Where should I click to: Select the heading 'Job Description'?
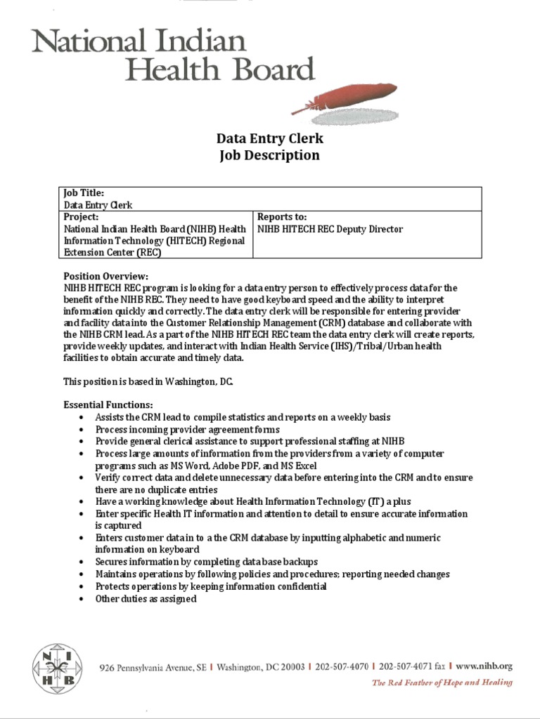(269, 155)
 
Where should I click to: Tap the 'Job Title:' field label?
(84, 192)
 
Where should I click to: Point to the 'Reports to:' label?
(283, 217)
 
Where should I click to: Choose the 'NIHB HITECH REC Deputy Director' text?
(330, 229)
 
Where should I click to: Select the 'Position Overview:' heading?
(106, 276)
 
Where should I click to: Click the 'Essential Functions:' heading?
(108, 405)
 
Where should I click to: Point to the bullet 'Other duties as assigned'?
(146, 599)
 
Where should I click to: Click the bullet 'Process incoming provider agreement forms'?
(188, 429)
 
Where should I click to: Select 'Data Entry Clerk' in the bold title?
(269, 138)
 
